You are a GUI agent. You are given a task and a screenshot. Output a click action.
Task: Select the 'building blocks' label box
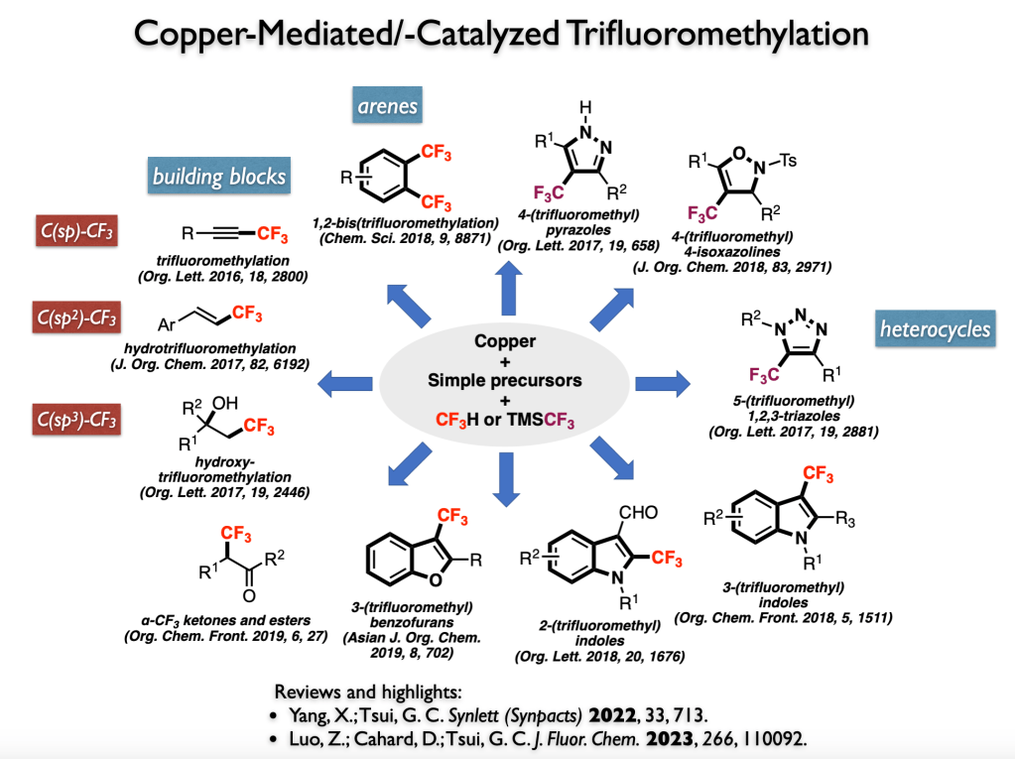coord(219,177)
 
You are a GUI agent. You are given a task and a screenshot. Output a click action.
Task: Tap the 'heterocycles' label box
coord(935,328)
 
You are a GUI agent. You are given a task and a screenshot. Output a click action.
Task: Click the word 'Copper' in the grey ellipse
coord(507,341)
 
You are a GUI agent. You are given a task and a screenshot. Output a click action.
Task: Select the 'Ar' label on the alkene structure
coord(170,323)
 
